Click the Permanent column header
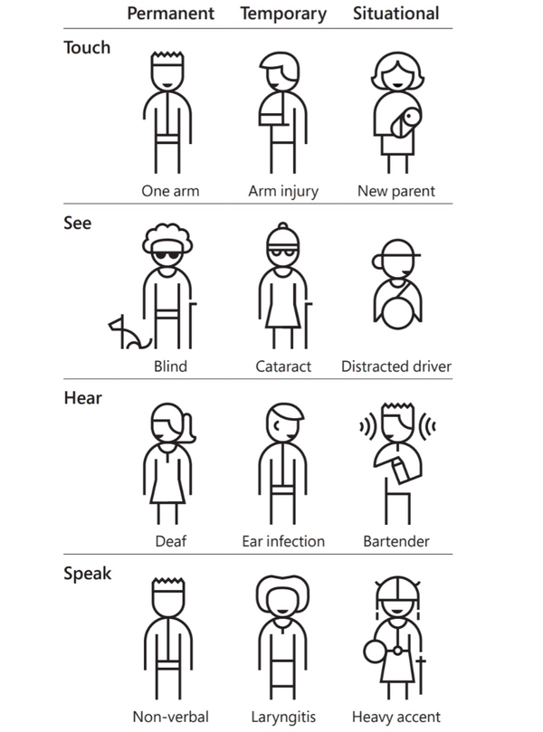coord(170,13)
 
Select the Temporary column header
coord(283,14)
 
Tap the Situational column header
coord(395,13)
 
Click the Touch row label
coord(87,48)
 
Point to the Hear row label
coord(82,398)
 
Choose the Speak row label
coord(87,574)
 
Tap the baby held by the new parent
coord(405,123)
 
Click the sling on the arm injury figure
coord(272,114)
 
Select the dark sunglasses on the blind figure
coord(167,255)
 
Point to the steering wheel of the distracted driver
coord(397,310)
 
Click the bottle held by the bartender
coord(401,471)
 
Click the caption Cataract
coord(283,366)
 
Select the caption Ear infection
coord(283,541)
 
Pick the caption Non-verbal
coord(170,717)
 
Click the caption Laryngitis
coord(283,717)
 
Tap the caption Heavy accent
coord(395,717)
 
